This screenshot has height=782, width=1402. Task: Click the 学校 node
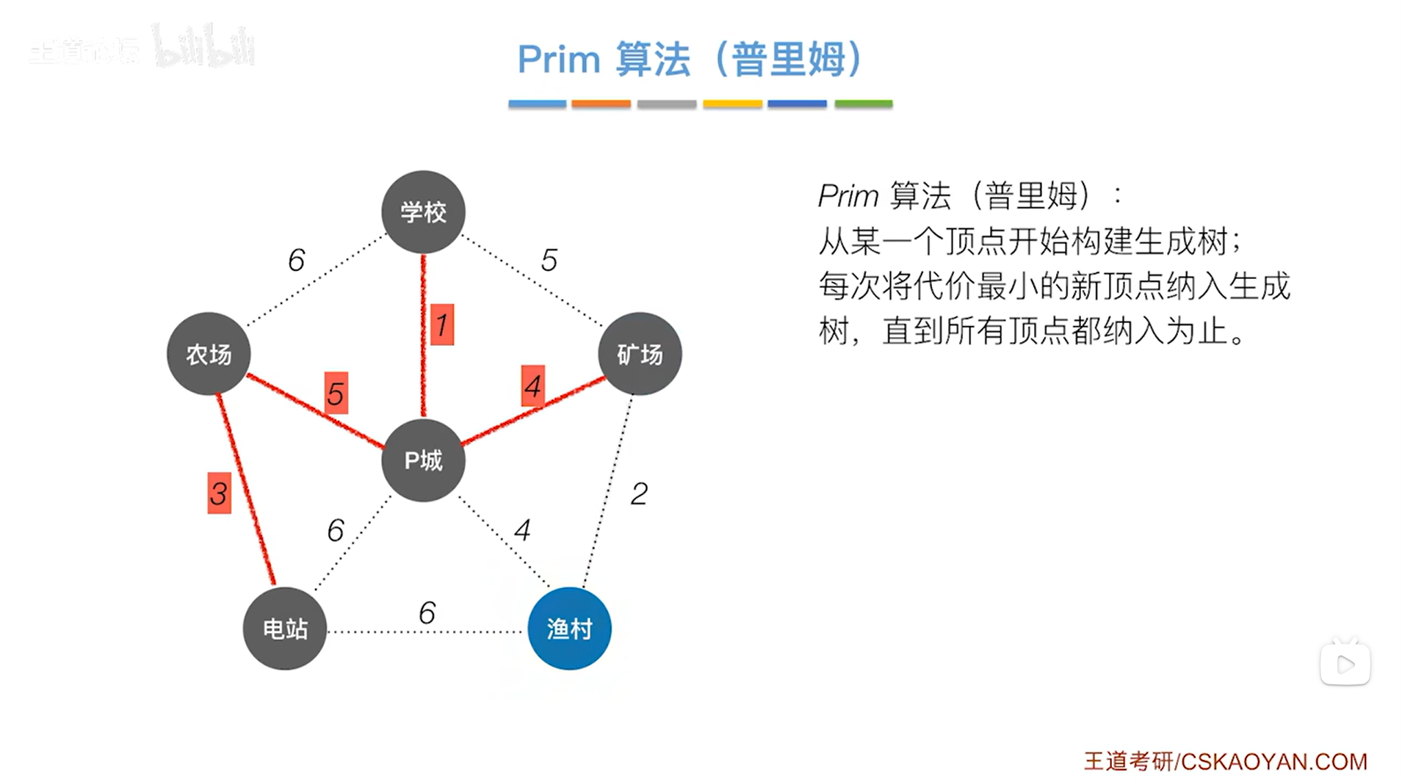coord(423,212)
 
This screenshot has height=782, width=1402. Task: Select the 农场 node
coord(209,354)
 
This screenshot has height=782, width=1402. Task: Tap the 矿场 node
coord(640,354)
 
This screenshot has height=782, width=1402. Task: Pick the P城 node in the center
coord(423,460)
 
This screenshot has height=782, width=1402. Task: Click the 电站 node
coord(285,629)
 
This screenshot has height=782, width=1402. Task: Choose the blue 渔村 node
coord(569,629)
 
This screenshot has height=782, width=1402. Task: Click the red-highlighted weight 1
coord(441,325)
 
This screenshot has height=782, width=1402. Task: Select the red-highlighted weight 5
coord(336,394)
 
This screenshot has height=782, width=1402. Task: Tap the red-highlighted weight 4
coord(533,386)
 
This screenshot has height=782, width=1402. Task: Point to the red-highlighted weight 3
coord(219,493)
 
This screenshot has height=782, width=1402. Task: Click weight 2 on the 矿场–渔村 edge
coord(639,493)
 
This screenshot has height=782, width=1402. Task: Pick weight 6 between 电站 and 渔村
coord(427,612)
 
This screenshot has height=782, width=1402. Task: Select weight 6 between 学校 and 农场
coord(296,260)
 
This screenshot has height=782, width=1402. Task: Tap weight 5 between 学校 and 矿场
coord(549,260)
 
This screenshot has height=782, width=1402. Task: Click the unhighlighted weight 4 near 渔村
coord(522,529)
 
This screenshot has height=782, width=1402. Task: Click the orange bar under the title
coord(601,104)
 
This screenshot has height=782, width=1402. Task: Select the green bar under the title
coord(863,104)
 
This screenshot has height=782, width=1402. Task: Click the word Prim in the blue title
coord(559,59)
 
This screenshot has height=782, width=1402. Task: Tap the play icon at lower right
coord(1345,665)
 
